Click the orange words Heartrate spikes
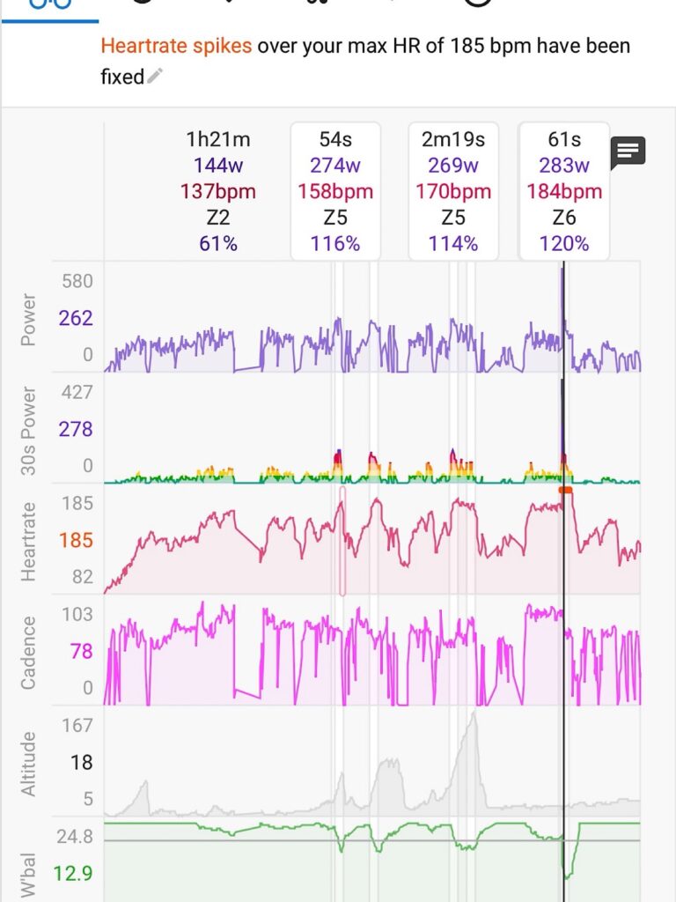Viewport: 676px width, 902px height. (176, 46)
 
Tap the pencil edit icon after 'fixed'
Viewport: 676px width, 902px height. (155, 78)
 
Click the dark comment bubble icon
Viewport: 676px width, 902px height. (628, 152)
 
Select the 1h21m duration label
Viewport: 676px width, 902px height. (218, 139)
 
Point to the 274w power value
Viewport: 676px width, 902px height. (335, 165)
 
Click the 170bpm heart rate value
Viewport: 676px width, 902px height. (452, 191)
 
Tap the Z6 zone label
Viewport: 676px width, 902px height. (564, 218)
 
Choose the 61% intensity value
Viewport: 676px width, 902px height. (218, 244)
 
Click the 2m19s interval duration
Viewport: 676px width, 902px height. (452, 139)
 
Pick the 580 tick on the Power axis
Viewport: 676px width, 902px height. (76, 282)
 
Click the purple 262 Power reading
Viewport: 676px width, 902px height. (76, 318)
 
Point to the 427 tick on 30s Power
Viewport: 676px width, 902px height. (76, 393)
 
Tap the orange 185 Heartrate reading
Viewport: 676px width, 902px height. (76, 540)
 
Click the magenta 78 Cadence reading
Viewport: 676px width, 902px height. (81, 651)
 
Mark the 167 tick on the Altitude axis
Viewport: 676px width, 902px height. (77, 726)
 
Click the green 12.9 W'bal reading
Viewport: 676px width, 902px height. (73, 874)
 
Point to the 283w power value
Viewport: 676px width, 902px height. (564, 165)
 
